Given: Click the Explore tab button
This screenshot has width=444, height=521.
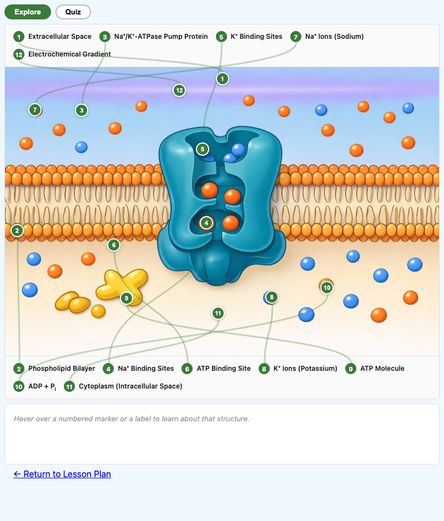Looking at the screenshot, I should click(28, 12).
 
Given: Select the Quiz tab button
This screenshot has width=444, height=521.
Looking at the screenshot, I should click(73, 12).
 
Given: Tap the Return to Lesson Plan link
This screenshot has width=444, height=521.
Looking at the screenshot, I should click(62, 474).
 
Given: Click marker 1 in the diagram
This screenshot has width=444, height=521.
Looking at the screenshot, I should click(223, 79).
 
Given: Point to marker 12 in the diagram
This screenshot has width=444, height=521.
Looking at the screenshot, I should click(179, 90).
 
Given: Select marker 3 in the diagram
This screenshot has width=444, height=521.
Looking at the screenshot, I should click(82, 110).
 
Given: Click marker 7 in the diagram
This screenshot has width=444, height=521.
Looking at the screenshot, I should click(35, 110).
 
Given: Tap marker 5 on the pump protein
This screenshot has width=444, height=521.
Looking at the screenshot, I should click(203, 149).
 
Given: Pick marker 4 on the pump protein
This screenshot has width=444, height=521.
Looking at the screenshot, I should click(206, 223).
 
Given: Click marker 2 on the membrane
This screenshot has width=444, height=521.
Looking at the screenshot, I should click(17, 230).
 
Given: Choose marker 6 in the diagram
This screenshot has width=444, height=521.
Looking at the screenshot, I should click(113, 244).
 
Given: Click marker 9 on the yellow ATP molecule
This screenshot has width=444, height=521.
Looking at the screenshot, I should click(127, 298).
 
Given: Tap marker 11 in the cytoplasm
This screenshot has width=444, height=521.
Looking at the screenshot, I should click(218, 313).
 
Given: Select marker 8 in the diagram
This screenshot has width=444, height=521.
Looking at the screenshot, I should click(271, 297).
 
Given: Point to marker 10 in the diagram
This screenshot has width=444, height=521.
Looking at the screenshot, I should click(327, 287).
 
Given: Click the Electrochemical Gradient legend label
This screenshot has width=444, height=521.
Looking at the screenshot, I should click(69, 54).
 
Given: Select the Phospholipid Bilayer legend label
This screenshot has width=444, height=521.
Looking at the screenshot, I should click(62, 369).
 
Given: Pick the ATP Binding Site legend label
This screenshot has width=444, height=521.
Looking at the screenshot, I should click(223, 369).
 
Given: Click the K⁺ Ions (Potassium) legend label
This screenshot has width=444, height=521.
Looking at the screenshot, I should click(305, 369).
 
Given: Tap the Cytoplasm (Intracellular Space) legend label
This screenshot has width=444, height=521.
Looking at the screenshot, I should click(130, 386).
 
